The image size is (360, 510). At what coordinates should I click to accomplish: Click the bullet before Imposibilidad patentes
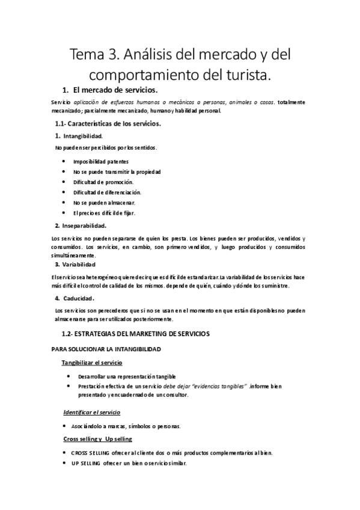[x=64, y=162]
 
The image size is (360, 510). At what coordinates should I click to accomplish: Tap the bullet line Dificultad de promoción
[x=103, y=182]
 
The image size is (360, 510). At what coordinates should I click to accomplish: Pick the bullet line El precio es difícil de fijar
[x=104, y=213]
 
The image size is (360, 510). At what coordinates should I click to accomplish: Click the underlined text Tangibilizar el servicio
[x=92, y=363]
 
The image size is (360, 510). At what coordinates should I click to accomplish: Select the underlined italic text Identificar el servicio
[x=92, y=413]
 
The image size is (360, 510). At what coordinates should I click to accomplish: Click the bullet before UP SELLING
[x=64, y=463]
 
